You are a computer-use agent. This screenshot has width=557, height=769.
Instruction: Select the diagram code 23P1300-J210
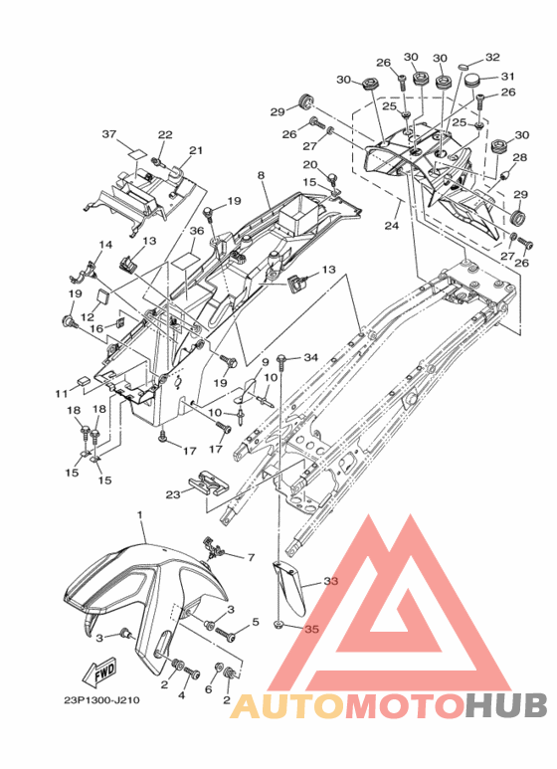pos(102,699)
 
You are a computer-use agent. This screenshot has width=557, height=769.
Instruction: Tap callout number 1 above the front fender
pos(139,515)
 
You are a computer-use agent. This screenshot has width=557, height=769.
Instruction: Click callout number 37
pos(109,134)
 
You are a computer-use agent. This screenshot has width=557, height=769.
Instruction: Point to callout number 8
pos(261,175)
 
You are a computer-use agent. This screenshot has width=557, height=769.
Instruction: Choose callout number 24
pos(392,225)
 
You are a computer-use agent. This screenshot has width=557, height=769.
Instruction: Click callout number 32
pos(492,57)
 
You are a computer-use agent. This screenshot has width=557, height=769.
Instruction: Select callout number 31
pos(508,77)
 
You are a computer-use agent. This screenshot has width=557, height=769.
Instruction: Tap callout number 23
pos(173,494)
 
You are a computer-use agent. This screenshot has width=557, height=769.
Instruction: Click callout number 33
pos(331,581)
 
